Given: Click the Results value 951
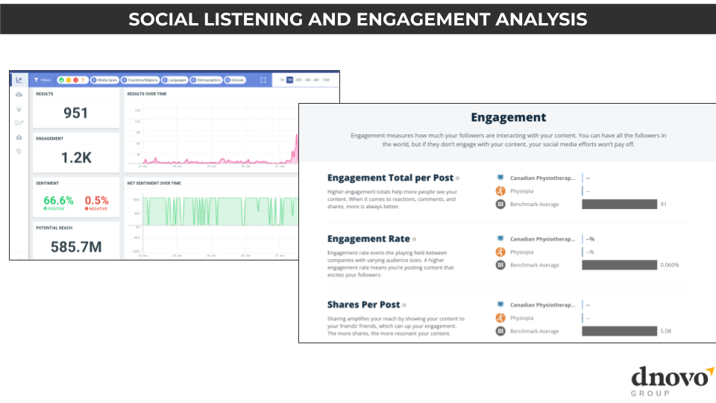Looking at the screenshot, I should click(x=75, y=113).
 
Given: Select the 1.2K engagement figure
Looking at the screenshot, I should click(x=75, y=157).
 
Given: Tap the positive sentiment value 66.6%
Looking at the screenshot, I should click(x=58, y=201).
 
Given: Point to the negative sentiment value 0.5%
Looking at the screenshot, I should click(x=96, y=201).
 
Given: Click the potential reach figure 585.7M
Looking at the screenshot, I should click(x=75, y=246).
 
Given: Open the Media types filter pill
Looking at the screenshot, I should click(x=104, y=79).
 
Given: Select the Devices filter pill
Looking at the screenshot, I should click(x=236, y=79).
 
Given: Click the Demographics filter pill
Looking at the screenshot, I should click(x=207, y=79).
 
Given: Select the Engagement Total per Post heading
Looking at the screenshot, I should click(x=390, y=178).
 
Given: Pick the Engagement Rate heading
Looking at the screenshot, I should click(x=368, y=239).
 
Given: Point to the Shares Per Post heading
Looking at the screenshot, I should click(x=364, y=304).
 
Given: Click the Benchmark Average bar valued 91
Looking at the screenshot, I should click(x=619, y=204).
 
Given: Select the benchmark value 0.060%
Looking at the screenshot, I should click(x=669, y=264).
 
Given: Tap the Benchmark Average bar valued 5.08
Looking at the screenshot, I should click(x=619, y=331).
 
